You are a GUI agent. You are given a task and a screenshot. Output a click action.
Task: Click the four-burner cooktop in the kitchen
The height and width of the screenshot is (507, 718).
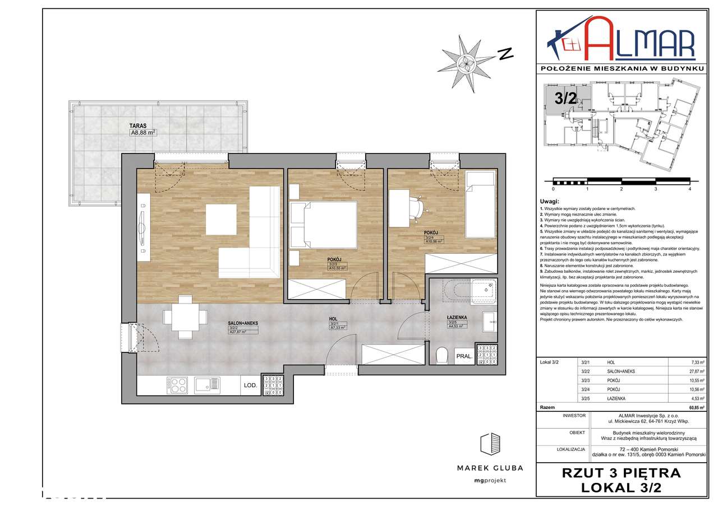pyautogui.click(x=177, y=385)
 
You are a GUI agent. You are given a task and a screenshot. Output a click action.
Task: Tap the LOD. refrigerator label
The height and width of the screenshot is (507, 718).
pyautogui.click(x=250, y=385)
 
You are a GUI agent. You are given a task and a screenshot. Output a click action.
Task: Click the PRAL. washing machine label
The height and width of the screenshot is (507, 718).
pyautogui.click(x=464, y=355)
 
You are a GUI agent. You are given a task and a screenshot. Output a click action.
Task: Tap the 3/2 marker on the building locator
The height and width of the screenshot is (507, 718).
pyautogui.click(x=565, y=99)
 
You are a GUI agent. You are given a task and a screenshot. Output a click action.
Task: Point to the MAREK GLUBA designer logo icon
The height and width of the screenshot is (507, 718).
pyautogui.click(x=490, y=445)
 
